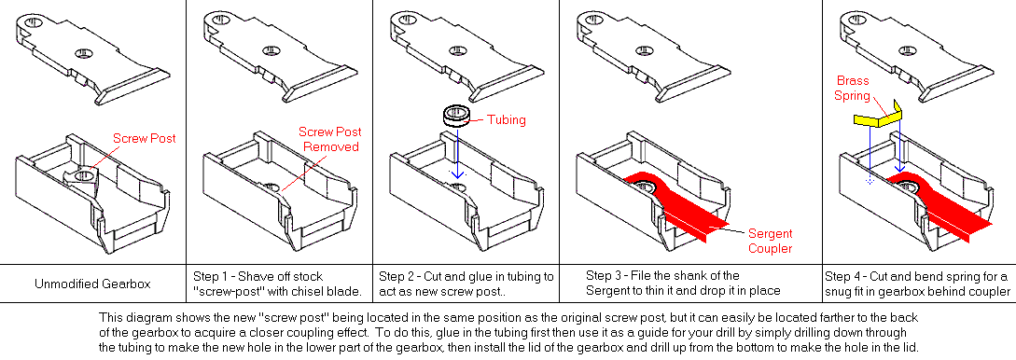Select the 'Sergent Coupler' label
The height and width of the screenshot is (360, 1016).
click(771, 241)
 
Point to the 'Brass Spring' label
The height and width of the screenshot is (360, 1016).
click(853, 88)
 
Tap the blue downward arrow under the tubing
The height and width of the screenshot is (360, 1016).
click(457, 152)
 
